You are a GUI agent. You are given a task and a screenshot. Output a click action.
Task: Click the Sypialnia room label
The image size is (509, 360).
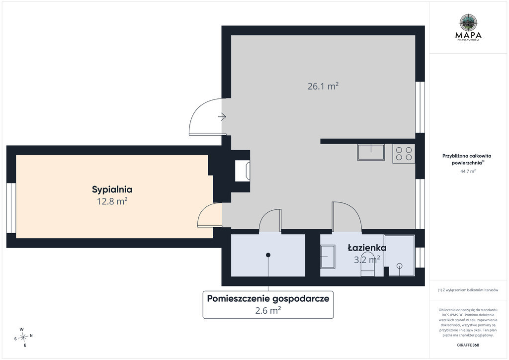pos(112,189)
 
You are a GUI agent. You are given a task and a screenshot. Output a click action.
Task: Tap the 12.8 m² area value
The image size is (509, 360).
pos(112,201)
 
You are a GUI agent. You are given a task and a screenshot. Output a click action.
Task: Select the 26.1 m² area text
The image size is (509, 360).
pos(323,87)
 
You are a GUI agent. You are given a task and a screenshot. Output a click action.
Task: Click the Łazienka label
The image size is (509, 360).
pos(367,248)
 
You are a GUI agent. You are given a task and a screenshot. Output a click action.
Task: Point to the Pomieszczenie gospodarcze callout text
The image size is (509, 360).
pos(268,298)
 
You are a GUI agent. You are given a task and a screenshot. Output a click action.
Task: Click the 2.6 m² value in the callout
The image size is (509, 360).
pos(268,310)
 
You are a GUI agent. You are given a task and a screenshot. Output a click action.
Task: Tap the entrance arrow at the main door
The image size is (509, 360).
pos(222,116)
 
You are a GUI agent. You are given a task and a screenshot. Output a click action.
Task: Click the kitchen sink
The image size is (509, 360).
pos(371,152)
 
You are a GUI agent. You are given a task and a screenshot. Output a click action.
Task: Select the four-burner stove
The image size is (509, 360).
pos(404,154)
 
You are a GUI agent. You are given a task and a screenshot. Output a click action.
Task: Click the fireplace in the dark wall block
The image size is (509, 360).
pos(242,170)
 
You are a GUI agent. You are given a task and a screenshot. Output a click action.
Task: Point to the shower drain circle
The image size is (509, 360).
pos(399,266)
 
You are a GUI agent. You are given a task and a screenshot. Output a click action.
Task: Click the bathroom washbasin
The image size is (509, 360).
pos(328,257)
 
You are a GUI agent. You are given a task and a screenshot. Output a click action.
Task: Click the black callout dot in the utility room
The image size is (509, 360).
pos(268,255)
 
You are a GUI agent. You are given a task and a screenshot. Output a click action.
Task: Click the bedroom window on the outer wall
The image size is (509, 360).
pos(11,208)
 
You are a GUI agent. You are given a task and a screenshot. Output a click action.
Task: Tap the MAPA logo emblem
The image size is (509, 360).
pos(468,22)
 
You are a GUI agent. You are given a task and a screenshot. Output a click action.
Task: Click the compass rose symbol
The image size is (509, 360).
pos(23,337)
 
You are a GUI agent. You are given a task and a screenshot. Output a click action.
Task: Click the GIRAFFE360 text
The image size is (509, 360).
pos(468,345)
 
